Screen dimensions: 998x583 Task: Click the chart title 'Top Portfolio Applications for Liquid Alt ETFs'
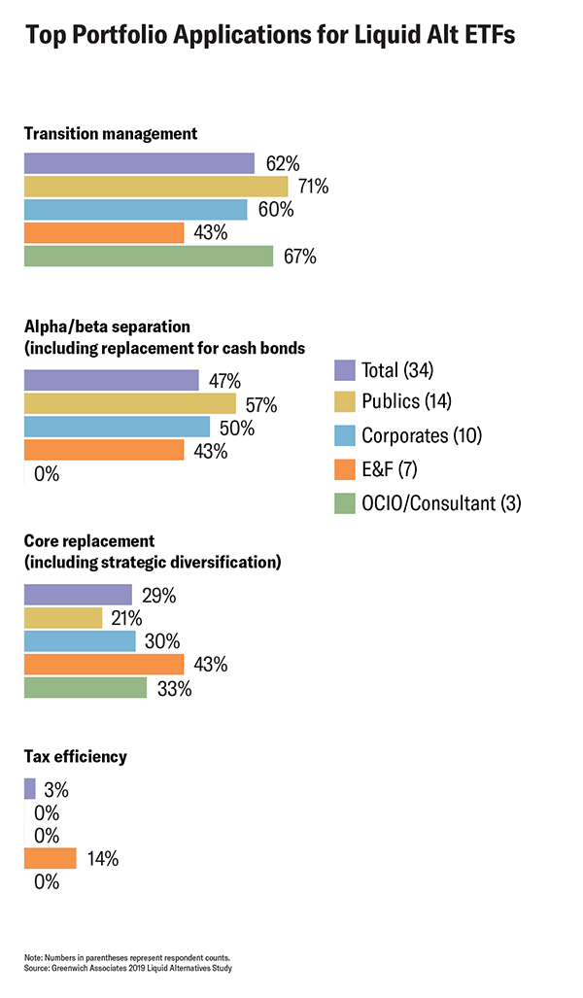click(270, 36)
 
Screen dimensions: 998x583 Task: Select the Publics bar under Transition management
click(155, 186)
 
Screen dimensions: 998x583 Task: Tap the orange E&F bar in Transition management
click(104, 233)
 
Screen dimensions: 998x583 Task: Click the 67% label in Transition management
click(300, 257)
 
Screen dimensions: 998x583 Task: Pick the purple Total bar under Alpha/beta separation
click(111, 380)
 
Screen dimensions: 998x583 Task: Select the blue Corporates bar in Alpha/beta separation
click(117, 428)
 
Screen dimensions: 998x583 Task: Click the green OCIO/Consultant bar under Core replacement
click(86, 688)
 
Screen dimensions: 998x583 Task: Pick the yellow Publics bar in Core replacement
click(63, 618)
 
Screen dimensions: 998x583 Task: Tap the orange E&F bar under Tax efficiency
click(50, 858)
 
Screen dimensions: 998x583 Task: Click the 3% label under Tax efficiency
click(55, 790)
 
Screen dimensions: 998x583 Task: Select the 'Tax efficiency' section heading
click(75, 756)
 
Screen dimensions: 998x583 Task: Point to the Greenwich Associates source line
click(128, 968)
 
